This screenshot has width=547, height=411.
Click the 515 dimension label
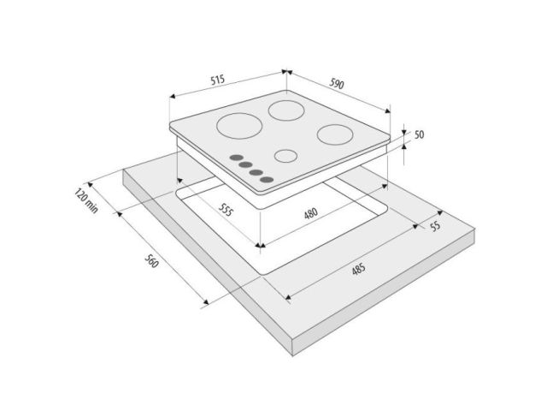pos(217,80)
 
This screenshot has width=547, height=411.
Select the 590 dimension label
pos(337,83)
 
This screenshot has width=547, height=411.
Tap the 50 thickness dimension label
pos(420,134)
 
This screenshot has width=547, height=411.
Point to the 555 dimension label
pos(226,209)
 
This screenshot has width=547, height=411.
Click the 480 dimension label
pos(311,213)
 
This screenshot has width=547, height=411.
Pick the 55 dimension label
pos(435,226)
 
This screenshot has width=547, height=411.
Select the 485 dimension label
pos(358,269)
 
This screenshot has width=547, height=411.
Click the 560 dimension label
pos(151,260)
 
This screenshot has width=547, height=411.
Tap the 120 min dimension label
pos(86,201)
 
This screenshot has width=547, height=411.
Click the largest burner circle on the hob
pos(239,126)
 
